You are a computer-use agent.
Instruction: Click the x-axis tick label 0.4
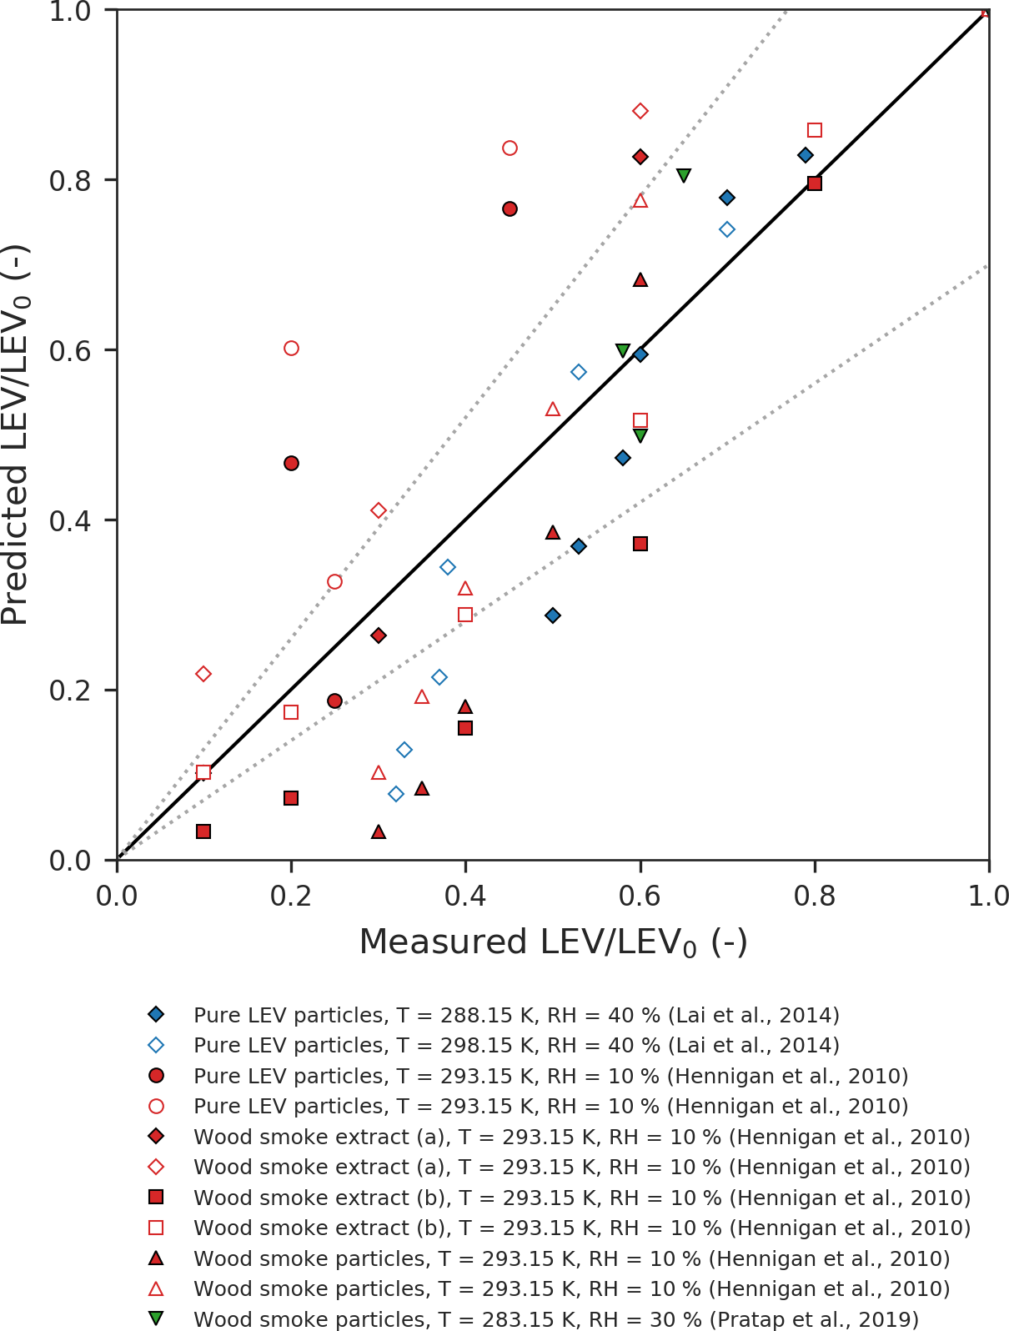coord(465,896)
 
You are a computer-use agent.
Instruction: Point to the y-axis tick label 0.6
coord(71,350)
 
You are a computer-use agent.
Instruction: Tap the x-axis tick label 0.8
coord(814,896)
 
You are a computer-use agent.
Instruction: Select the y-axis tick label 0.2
coord(71,691)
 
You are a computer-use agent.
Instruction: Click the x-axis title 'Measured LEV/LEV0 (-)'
coord(553,942)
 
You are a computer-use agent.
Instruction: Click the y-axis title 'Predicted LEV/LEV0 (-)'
coord(17,434)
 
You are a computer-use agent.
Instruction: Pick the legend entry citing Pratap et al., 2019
coord(555,1319)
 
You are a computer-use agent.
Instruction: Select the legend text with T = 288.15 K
coord(516,1015)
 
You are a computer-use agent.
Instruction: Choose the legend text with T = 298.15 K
coord(516,1045)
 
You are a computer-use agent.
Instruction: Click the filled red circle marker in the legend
coord(155,1076)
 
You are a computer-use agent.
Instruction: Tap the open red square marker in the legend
coord(155,1228)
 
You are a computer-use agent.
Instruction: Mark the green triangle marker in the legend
coord(155,1318)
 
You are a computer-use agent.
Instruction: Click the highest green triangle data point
coord(684,175)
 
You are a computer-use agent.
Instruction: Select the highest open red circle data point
coord(510,148)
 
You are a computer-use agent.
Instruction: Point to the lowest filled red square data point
coord(203,831)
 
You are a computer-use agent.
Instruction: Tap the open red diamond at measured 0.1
coord(203,674)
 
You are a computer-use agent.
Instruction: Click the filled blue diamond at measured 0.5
coord(552,615)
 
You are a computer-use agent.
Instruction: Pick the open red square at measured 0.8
coord(815,130)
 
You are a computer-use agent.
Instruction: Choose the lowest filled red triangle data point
coord(379,832)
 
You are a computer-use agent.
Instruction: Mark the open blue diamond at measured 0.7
coord(727,229)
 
